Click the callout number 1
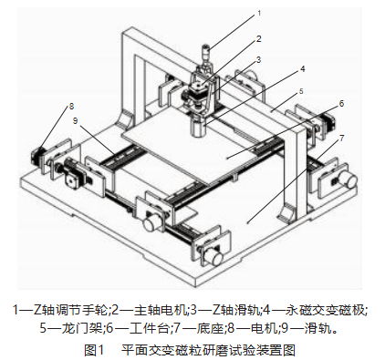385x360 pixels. (258, 14)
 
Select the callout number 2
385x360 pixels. (259, 39)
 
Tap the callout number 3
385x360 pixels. (259, 59)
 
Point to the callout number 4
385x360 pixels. (302, 68)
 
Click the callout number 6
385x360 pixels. (342, 106)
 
